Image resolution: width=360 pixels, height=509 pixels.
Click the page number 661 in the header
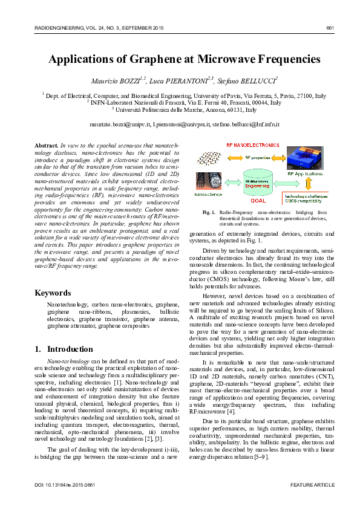click(330, 28)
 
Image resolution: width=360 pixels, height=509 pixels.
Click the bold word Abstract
click(46, 146)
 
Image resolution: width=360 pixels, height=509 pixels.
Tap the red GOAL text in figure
click(258, 199)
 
